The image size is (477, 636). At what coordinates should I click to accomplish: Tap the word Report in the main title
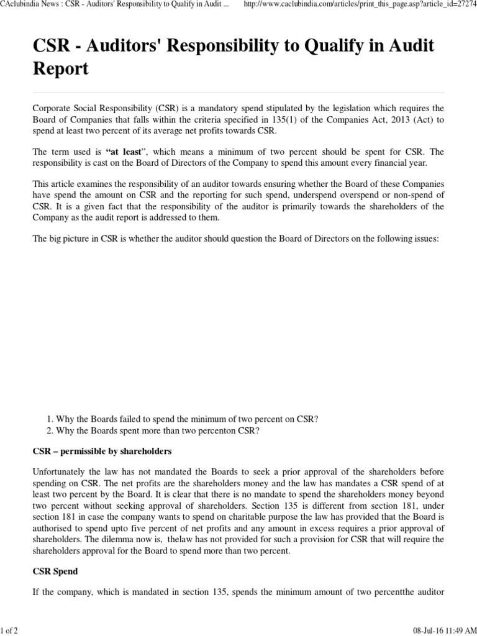tap(60, 69)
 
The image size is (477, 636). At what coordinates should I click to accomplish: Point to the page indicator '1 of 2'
tap(9, 631)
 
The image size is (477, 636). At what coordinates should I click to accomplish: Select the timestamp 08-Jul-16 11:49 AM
tap(442, 631)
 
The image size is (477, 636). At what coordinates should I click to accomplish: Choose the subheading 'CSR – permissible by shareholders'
tap(102, 450)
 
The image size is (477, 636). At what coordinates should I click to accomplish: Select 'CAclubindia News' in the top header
tap(30, 5)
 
